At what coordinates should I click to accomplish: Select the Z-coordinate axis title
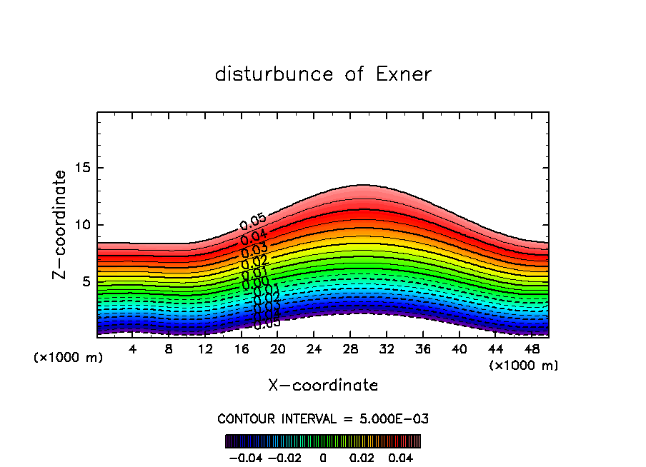tap(60, 224)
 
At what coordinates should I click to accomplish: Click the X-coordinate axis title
tap(323, 386)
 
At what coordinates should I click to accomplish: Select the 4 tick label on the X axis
tap(133, 349)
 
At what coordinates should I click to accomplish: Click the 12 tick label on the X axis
tap(205, 349)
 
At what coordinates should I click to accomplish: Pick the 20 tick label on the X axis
tap(278, 349)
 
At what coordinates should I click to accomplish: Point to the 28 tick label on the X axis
tap(350, 349)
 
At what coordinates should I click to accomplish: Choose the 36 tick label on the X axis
tap(422, 349)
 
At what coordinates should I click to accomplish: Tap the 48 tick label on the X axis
tap(531, 349)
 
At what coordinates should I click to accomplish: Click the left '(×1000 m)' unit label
tap(69, 358)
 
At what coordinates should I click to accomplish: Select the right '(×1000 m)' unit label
tap(524, 366)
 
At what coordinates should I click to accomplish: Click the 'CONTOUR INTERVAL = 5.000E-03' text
tap(323, 418)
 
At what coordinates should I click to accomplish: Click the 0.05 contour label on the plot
tap(252, 222)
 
